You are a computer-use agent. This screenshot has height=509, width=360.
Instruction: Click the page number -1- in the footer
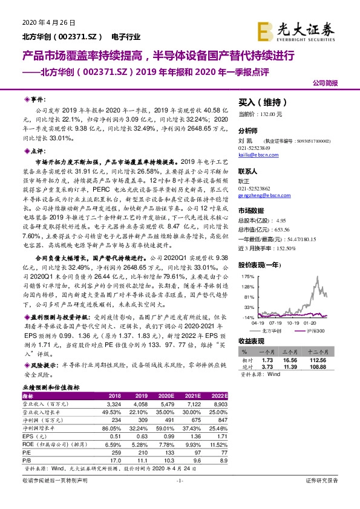pos(180,497)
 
